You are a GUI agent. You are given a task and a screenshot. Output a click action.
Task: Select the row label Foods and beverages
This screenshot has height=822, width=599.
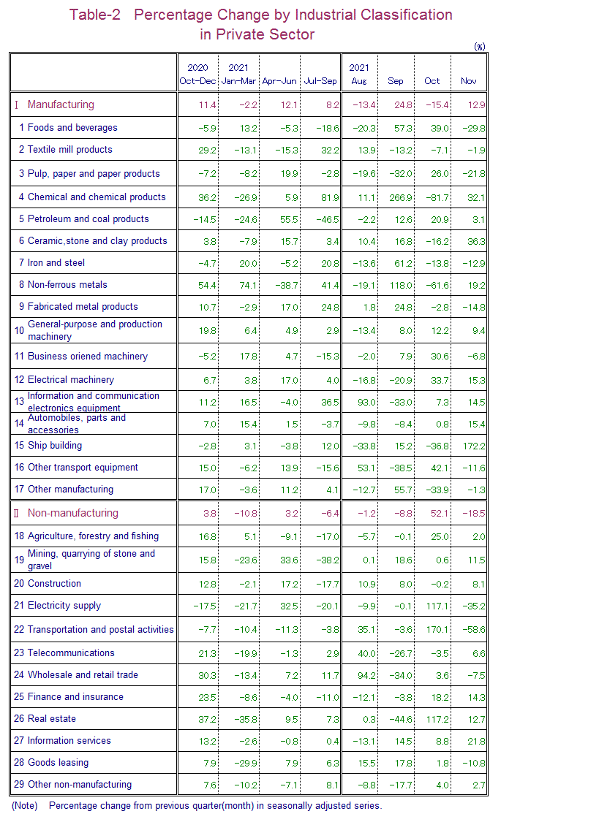[x=72, y=128]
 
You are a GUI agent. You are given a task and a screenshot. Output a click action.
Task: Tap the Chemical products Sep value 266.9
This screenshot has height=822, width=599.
[x=399, y=197]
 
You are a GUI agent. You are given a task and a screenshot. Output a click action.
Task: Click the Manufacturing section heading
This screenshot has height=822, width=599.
[x=61, y=104]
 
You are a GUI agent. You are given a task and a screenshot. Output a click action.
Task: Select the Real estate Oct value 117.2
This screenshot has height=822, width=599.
[x=436, y=719]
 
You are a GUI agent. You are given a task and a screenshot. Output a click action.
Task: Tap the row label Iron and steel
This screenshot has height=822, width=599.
[x=56, y=263]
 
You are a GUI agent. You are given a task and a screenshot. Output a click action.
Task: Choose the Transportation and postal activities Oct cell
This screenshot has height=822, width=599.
[x=436, y=630]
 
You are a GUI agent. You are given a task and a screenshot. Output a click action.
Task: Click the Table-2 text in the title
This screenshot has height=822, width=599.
[x=95, y=15]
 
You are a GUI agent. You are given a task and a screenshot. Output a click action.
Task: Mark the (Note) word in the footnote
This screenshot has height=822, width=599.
[x=24, y=806]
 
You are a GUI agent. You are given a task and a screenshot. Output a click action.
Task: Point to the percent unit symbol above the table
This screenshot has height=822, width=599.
[x=479, y=47]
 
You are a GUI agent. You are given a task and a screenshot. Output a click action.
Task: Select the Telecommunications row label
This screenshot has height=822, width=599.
[x=71, y=653]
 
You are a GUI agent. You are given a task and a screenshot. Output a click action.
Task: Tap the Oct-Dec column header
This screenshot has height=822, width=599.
[x=197, y=81]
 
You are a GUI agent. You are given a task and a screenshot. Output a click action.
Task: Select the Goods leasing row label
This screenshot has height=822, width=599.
[x=58, y=763]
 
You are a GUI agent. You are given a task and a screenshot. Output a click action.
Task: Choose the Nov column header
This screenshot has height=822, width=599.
[x=469, y=81]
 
